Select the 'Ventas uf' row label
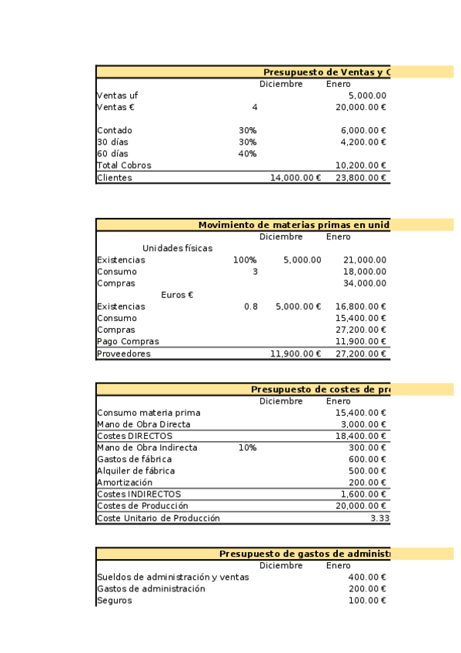pos(118,95)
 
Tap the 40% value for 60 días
pos(247,154)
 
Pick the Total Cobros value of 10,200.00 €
pos(360,166)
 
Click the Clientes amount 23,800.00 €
pos(360,178)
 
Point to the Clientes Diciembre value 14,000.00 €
pos(295,178)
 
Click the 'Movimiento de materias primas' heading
pos(292,225)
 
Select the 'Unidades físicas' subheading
pos(177,249)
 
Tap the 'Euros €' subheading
pos(177,295)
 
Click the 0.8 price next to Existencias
pos(251,306)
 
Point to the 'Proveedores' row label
pos(124,354)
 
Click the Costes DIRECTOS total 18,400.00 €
pos(360,436)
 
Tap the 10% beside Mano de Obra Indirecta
pos(247,447)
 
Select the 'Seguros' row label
pos(114,601)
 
